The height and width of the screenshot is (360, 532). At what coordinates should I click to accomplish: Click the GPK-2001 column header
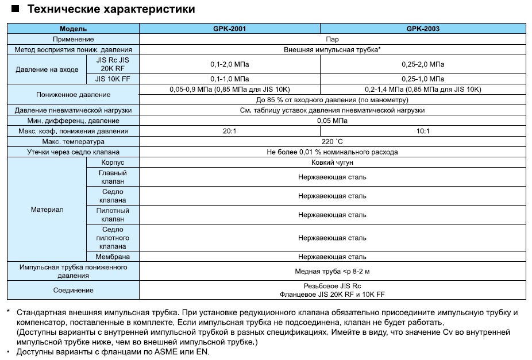pyautogui.click(x=229, y=28)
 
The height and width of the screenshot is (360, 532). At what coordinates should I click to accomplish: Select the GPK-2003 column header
pyautogui.click(x=423, y=28)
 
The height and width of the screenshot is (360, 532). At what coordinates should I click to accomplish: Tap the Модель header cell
pyautogui.click(x=73, y=28)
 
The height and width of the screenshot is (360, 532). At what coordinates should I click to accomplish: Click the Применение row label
pyautogui.click(x=73, y=39)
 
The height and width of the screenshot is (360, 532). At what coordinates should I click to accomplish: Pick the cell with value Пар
pyautogui.click(x=331, y=39)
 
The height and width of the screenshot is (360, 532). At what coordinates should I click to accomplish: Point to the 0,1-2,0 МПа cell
pyautogui.click(x=229, y=64)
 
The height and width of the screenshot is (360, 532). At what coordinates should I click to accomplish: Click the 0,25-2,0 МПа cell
pyautogui.click(x=423, y=64)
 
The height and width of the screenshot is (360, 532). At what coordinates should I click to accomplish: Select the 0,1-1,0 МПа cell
pyautogui.click(x=229, y=78)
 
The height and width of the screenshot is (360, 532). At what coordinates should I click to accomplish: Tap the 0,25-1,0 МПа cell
pyautogui.click(x=423, y=78)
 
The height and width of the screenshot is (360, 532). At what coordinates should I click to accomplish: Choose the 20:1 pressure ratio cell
pyautogui.click(x=229, y=131)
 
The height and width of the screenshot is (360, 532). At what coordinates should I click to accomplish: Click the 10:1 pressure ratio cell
pyautogui.click(x=423, y=131)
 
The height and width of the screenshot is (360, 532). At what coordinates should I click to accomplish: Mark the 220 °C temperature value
pyautogui.click(x=331, y=141)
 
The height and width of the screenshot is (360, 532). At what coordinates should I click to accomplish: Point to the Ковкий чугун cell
pyautogui.click(x=331, y=162)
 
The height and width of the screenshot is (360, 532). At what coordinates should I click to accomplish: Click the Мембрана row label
pyautogui.click(x=113, y=257)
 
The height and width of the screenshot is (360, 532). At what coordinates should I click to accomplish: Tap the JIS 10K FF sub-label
pyautogui.click(x=113, y=78)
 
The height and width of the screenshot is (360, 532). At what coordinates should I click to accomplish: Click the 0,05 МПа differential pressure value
pyautogui.click(x=331, y=121)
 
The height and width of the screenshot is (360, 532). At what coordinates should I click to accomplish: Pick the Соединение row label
pyautogui.click(x=73, y=290)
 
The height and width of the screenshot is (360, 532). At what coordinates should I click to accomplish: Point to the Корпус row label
pyautogui.click(x=113, y=162)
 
